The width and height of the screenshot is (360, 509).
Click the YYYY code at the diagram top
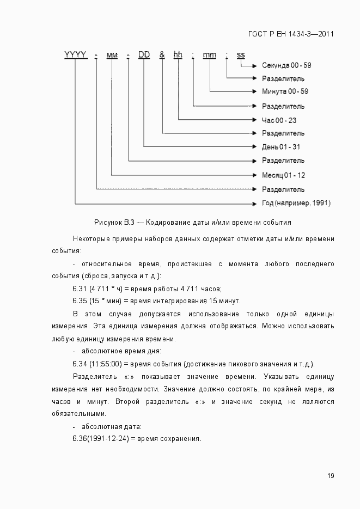click(75, 54)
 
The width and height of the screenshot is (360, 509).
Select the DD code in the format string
click(144, 54)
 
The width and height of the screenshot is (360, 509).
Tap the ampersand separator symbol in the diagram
click(162, 54)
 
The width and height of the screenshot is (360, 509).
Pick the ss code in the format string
click(240, 54)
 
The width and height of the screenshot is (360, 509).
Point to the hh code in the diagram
click(178, 54)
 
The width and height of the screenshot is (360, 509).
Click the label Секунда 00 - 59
click(286, 65)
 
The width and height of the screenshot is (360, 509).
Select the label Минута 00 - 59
click(285, 91)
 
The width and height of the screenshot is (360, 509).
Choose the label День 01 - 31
click(281, 147)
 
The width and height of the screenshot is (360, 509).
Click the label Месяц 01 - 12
click(283, 175)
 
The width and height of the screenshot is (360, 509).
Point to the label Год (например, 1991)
click(296, 203)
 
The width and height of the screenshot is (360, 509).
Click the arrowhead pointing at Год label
click(254, 203)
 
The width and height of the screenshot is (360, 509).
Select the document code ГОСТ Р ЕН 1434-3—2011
click(291, 34)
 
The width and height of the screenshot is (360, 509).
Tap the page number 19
click(331, 475)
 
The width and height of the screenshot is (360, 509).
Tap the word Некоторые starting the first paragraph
click(91, 239)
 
